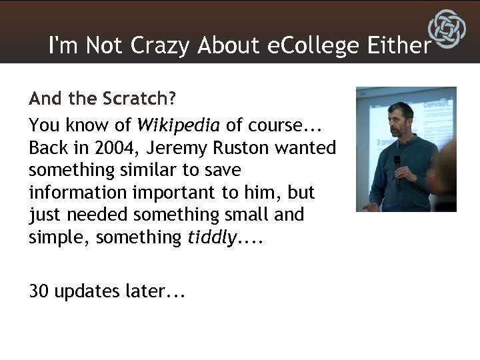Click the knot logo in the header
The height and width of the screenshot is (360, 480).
pyautogui.click(x=447, y=30)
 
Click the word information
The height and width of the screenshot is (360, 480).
pyautogui.click(x=72, y=193)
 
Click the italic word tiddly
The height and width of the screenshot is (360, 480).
pyautogui.click(x=209, y=238)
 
